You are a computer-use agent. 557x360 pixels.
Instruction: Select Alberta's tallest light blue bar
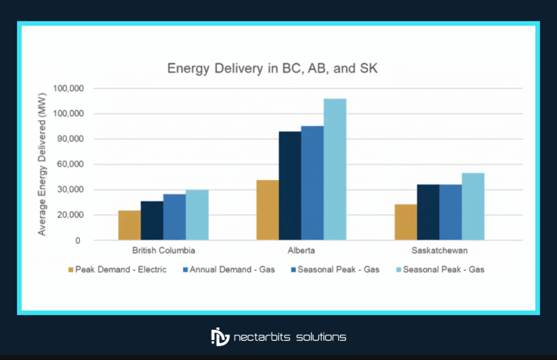(x=335, y=169)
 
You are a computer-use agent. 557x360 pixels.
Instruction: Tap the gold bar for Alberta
(x=267, y=210)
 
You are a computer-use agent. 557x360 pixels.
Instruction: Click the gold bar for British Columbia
(x=129, y=225)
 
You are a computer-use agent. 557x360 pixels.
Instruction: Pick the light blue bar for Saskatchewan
(x=473, y=207)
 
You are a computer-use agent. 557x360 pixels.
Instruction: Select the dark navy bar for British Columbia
(x=152, y=221)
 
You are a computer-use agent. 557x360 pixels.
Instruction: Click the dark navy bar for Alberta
(x=290, y=185)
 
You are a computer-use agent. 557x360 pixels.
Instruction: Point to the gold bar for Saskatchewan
(x=406, y=222)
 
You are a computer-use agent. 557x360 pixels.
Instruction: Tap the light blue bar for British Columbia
(x=197, y=215)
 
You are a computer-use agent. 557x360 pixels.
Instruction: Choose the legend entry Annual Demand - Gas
(x=229, y=269)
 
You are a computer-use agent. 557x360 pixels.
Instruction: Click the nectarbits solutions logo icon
(x=220, y=337)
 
